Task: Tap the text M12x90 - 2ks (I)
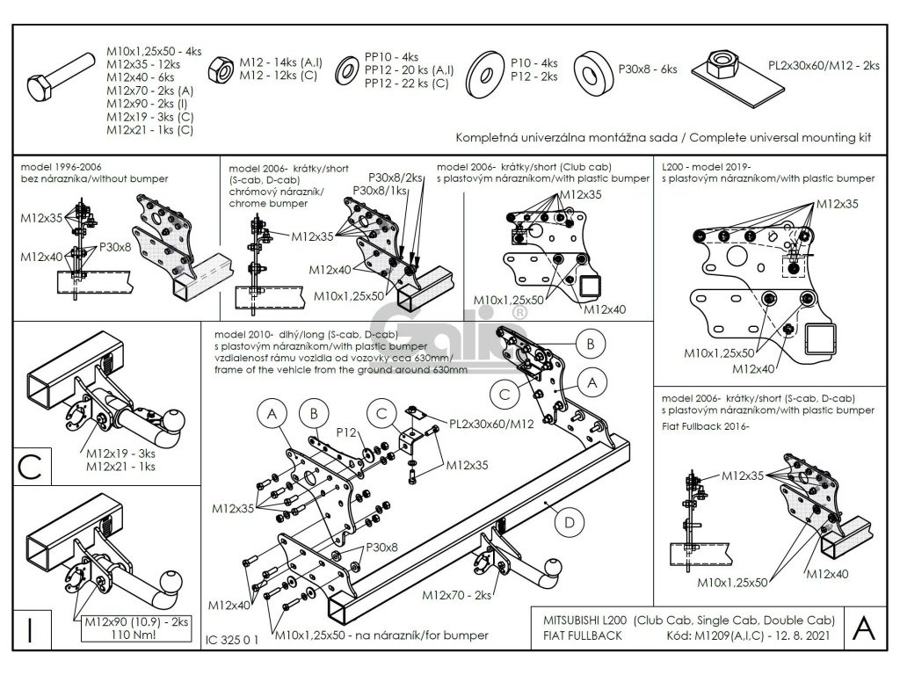pos(147,104)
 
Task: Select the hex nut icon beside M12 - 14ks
pos(220,69)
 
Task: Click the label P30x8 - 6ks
pos(648,69)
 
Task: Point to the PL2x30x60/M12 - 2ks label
pos(824,66)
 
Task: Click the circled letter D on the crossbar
pos(569,522)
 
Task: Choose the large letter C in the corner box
pos(30,468)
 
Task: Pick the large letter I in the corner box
pos(30,629)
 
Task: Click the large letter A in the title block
pos(864,628)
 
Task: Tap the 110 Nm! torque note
pos(134,635)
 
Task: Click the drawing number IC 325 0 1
pos(232,640)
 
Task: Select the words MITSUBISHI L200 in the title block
pos(584,621)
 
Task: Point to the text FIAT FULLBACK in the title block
pos(582,636)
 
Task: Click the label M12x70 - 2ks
pos(457,595)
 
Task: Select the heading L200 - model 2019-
pos(706,167)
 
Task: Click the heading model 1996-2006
pos(61,167)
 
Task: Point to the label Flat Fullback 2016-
pos(706,426)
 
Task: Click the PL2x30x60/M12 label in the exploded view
pos(491,425)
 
